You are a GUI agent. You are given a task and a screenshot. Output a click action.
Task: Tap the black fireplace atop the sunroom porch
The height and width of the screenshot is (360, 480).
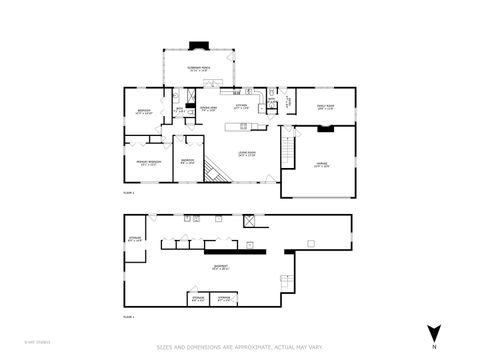pos(200,44)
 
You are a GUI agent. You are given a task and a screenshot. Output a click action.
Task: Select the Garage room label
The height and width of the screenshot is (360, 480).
pos(322,166)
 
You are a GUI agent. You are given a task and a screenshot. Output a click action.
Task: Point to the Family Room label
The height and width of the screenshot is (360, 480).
pos(325,109)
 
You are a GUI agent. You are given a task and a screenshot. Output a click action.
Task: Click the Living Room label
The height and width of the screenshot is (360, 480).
pos(246,154)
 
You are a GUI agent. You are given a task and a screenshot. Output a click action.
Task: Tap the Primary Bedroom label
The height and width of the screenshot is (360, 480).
pos(146,163)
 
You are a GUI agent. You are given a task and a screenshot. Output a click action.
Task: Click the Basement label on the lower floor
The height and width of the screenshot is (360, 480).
pos(233,267)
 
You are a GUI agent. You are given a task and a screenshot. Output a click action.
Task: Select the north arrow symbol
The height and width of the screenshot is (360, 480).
pos(434,333)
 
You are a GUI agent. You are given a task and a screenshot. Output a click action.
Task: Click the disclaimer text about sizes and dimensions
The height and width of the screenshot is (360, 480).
pos(239,348)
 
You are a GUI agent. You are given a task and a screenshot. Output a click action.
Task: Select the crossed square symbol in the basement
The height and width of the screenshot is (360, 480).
pos(248,219)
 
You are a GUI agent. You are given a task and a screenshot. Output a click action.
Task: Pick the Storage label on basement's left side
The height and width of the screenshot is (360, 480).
pos(136,239)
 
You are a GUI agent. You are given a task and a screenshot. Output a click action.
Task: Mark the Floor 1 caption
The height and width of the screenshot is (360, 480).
pos(128,315)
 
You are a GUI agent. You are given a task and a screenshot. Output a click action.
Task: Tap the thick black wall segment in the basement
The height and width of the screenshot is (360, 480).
pos(245,251)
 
